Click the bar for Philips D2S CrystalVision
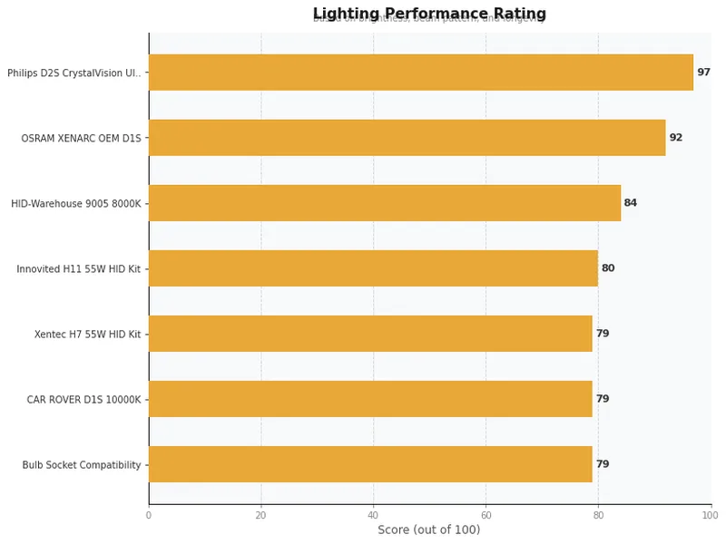click(420, 73)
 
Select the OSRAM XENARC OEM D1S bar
click(407, 138)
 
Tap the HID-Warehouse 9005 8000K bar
click(384, 203)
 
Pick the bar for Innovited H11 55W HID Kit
click(373, 268)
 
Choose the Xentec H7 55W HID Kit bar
click(370, 334)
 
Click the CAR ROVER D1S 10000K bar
click(370, 399)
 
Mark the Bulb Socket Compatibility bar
click(370, 464)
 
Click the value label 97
click(703, 73)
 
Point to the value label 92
click(675, 138)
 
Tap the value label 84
click(630, 203)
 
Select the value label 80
click(608, 268)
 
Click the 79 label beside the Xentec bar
click(603, 334)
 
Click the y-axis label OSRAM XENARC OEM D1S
click(82, 139)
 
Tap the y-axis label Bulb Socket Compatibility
click(82, 465)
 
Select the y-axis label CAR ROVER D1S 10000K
click(83, 400)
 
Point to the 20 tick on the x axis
click(261, 515)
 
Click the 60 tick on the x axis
click(486, 515)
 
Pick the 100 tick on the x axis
click(711, 515)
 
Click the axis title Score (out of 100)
click(429, 530)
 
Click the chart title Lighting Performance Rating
click(429, 14)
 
